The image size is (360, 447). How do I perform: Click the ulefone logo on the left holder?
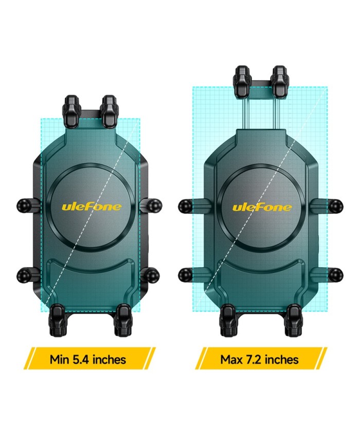(x=92, y=207)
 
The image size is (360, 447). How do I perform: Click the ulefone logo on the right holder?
(x=262, y=207)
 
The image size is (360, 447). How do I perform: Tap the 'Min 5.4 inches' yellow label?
(x=88, y=359)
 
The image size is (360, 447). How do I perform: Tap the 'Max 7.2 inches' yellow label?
(x=261, y=359)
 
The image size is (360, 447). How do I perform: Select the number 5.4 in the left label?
(x=80, y=359)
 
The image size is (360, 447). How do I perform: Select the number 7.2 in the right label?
(x=252, y=359)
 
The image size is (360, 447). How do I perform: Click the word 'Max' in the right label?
(x=231, y=359)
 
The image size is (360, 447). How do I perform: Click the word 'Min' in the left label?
(x=60, y=359)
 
